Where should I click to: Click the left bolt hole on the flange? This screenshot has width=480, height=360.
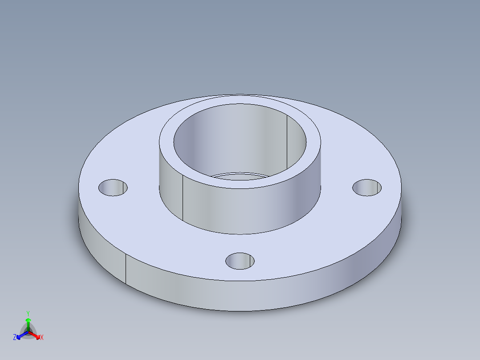113,188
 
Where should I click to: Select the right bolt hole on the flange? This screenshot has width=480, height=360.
367,188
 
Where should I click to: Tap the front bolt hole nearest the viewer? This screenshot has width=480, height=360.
240,261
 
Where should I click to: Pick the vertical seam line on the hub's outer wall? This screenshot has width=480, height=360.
183,198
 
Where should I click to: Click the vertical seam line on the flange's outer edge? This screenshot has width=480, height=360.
126,270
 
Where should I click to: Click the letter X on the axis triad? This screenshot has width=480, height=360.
42,338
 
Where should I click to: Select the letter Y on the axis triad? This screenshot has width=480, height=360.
28,313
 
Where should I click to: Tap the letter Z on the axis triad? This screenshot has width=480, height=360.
15,338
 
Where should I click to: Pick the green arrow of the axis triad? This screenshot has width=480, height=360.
28,322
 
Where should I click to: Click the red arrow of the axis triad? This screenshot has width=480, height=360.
37,335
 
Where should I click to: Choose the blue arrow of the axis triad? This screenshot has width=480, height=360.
20,336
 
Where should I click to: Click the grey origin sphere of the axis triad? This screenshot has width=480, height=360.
28,332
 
